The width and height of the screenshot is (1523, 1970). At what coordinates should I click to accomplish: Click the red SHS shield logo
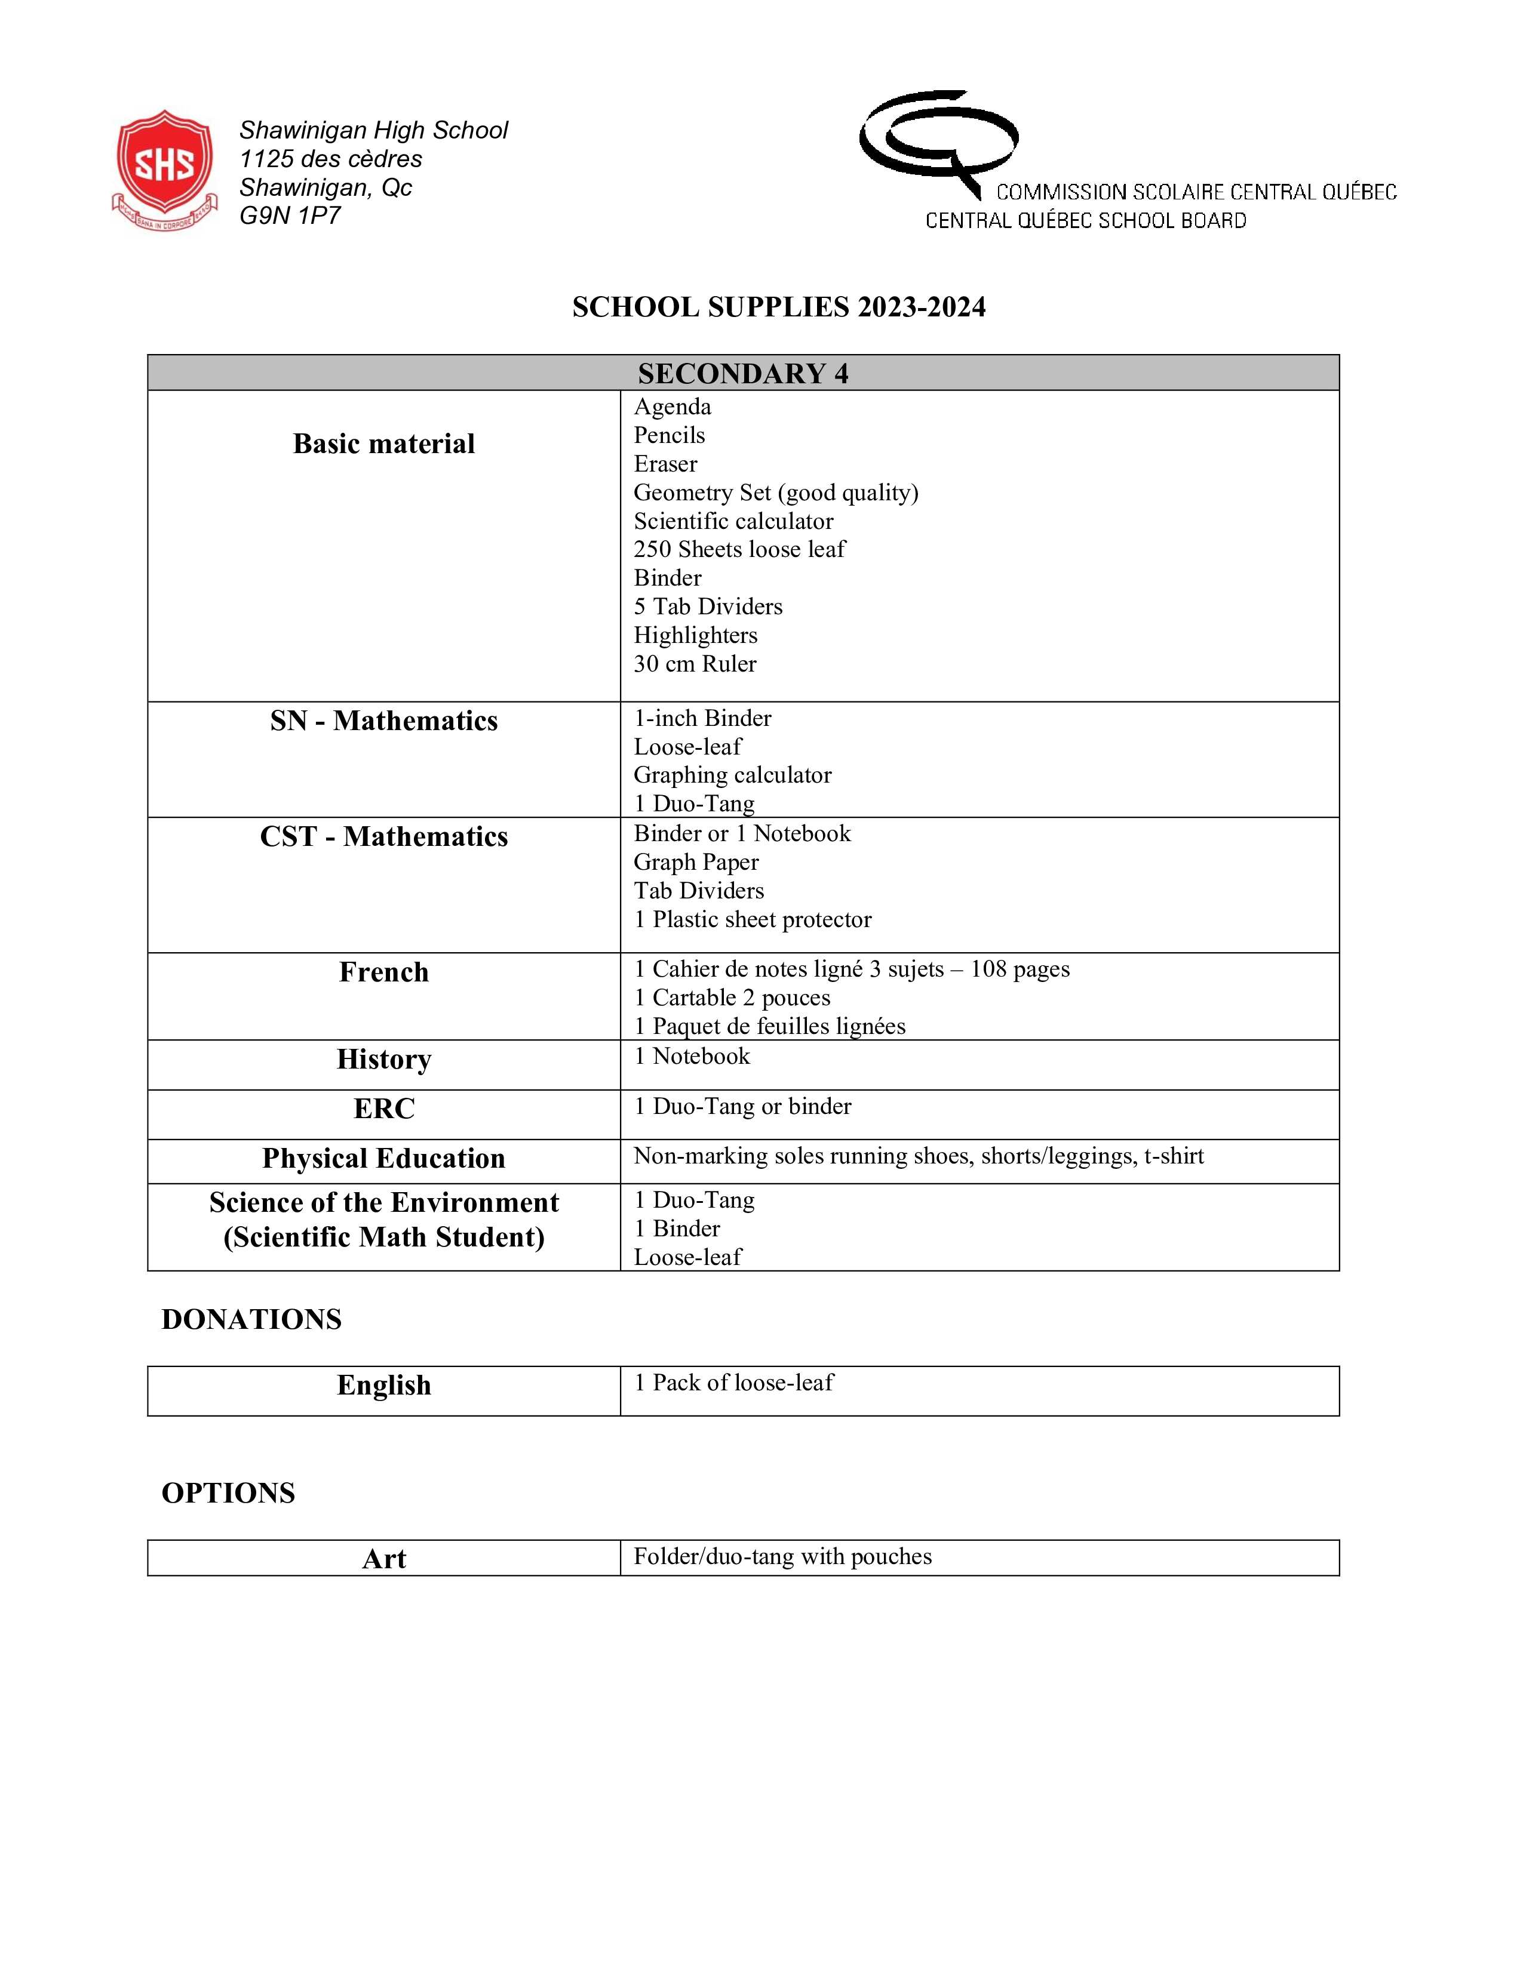click(x=164, y=169)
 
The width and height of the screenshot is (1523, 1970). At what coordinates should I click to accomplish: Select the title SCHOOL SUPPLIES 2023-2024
click(x=779, y=307)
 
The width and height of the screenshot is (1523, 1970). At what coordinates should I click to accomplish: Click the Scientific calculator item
click(x=733, y=521)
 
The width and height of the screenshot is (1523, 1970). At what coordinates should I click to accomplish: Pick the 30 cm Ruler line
click(x=695, y=664)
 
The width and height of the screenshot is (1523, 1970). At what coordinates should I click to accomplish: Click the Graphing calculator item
click(x=732, y=775)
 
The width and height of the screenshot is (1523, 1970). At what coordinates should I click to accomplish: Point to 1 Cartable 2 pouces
click(x=732, y=998)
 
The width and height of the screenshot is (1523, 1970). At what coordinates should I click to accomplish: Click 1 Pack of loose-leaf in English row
click(x=733, y=1383)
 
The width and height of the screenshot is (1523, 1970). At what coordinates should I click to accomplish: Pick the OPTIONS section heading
click(x=228, y=1493)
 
